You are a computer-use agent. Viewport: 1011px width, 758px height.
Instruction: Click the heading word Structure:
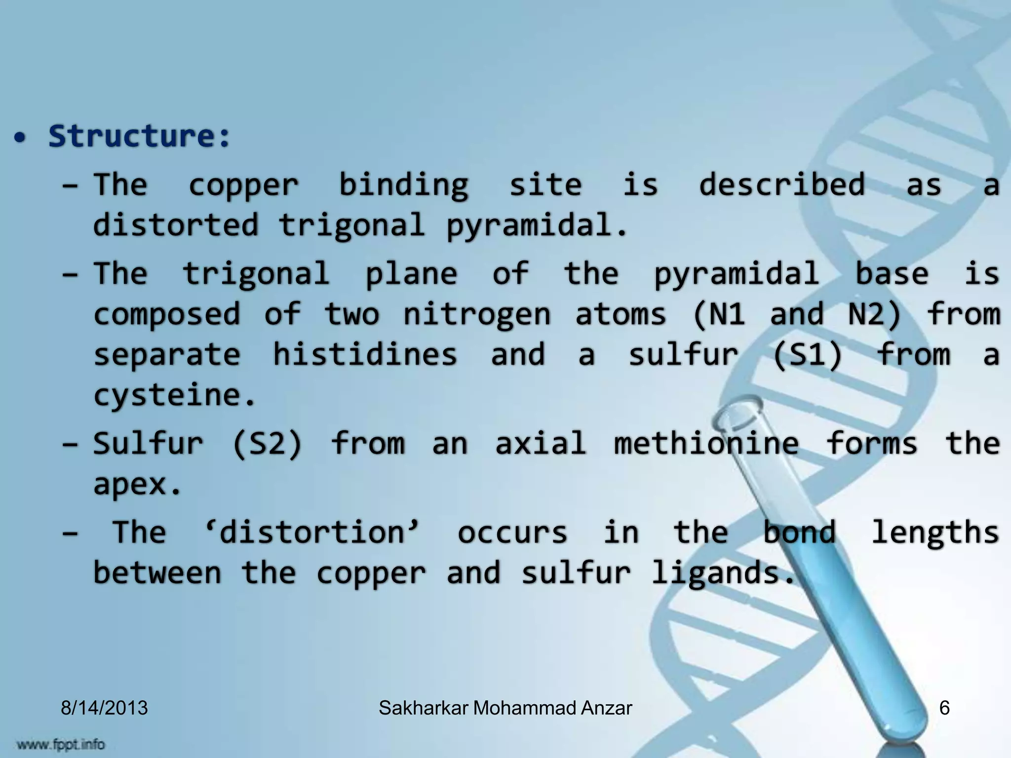(139, 136)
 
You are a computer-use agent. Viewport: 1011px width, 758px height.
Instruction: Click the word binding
(403, 186)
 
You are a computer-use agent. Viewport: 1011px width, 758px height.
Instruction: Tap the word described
(782, 185)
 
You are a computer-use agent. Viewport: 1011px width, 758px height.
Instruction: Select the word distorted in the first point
(176, 225)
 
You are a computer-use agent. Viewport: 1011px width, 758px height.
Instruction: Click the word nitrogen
(476, 315)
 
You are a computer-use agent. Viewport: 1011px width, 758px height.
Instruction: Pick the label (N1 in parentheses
(719, 314)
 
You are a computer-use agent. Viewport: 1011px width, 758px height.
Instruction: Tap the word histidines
(365, 354)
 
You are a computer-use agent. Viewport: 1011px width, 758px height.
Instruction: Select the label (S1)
(807, 355)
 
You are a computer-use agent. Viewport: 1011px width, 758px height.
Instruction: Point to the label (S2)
(267, 443)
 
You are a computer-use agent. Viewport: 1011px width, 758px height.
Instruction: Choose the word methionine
(706, 443)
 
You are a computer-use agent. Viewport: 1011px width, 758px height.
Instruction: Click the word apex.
(137, 485)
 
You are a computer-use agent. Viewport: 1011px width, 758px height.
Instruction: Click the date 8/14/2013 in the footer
(104, 708)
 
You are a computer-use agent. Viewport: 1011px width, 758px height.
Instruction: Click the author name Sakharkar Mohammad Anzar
(505, 708)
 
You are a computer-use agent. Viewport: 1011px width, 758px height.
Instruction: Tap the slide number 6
(944, 708)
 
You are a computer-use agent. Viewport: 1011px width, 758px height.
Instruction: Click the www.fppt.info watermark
(60, 743)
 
